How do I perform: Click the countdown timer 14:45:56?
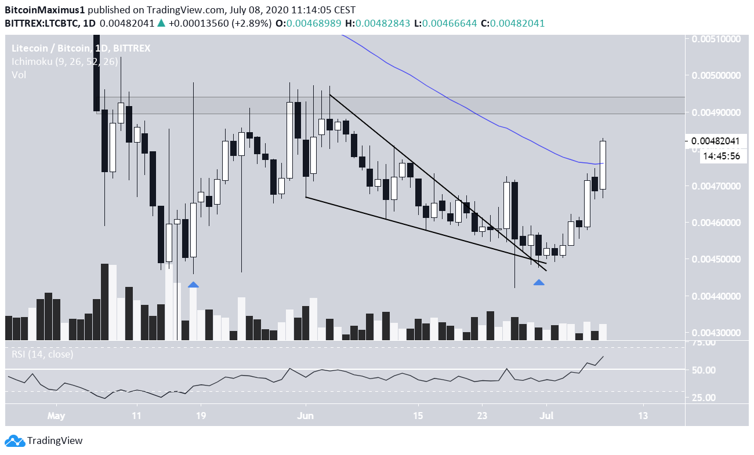(x=719, y=156)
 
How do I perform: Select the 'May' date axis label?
(x=56, y=416)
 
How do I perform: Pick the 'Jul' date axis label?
(x=546, y=416)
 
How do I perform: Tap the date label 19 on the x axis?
(x=201, y=416)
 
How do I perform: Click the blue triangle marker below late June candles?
(x=539, y=282)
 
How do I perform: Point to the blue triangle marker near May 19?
(x=193, y=285)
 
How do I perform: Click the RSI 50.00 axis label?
(x=702, y=370)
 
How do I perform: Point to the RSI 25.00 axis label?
(x=702, y=398)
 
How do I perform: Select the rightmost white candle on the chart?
(x=603, y=165)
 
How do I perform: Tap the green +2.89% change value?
(x=253, y=23)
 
